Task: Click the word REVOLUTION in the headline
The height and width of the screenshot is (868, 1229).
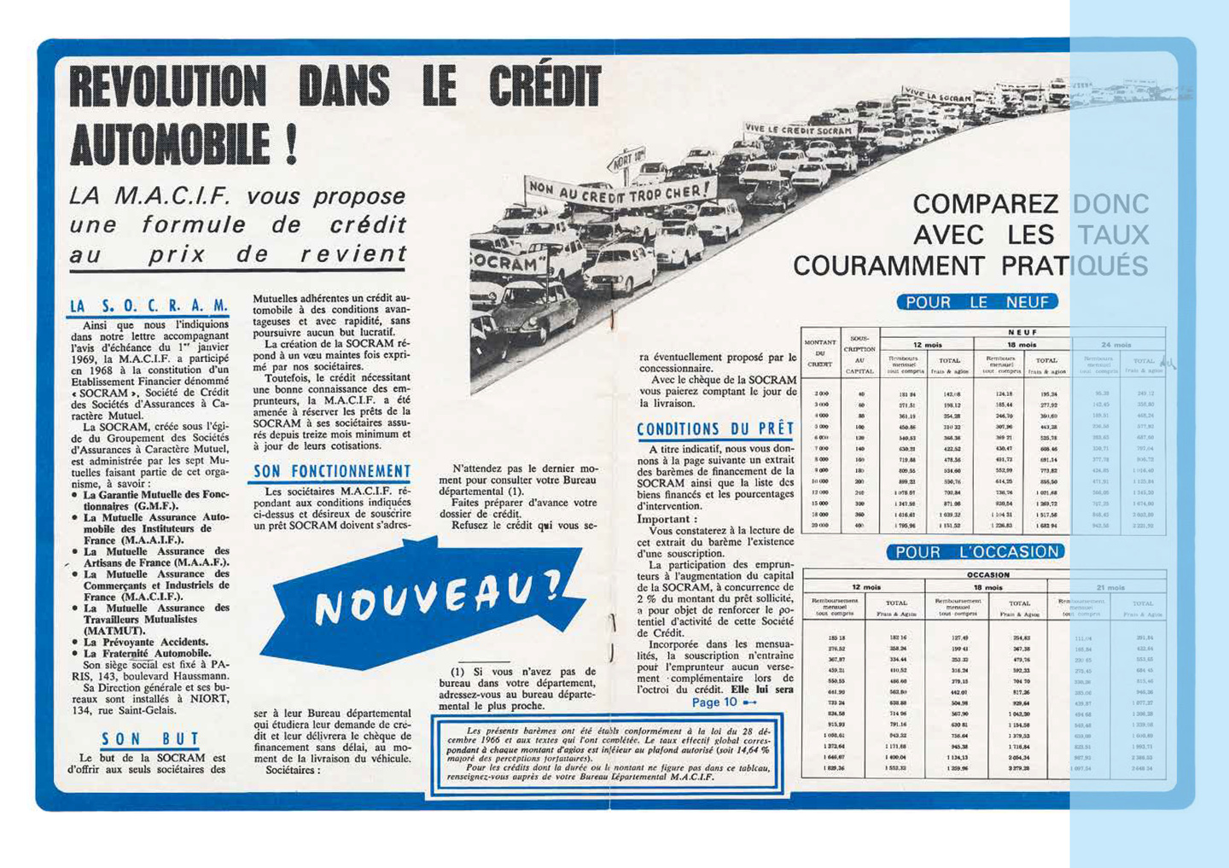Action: click(167, 89)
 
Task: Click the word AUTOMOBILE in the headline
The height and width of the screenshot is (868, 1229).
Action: click(171, 143)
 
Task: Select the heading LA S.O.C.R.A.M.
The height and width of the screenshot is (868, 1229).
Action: click(149, 306)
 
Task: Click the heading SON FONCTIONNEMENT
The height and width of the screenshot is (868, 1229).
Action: click(331, 471)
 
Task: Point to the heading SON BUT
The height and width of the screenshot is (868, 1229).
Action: click(150, 739)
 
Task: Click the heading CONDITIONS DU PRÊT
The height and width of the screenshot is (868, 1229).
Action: click(715, 429)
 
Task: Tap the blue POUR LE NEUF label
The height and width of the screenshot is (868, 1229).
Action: click(976, 302)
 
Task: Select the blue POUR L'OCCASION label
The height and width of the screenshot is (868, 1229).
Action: click(976, 552)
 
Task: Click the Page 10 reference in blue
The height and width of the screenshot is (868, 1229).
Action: click(715, 702)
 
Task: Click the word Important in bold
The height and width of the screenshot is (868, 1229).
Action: click(667, 519)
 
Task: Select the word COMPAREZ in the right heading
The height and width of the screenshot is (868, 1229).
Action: click(985, 205)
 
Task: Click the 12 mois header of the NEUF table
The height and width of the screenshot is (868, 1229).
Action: click(928, 345)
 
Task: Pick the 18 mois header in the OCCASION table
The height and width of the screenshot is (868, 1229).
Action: click(987, 587)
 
